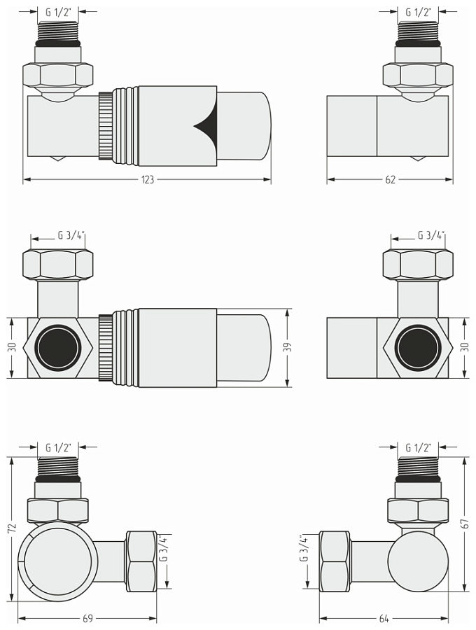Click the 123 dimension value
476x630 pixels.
pyautogui.click(x=147, y=180)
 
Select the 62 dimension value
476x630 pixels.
pyautogui.click(x=390, y=180)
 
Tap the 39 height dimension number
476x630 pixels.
pyautogui.click(x=288, y=347)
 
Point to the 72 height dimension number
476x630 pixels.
pyautogui.click(x=11, y=528)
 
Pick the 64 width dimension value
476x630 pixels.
pyautogui.click(x=384, y=619)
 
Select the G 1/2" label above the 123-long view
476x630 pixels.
pyautogui.click(x=59, y=12)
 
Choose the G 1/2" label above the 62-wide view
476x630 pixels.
pyautogui.click(x=418, y=12)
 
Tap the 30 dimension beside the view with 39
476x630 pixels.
pyautogui.click(x=11, y=347)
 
